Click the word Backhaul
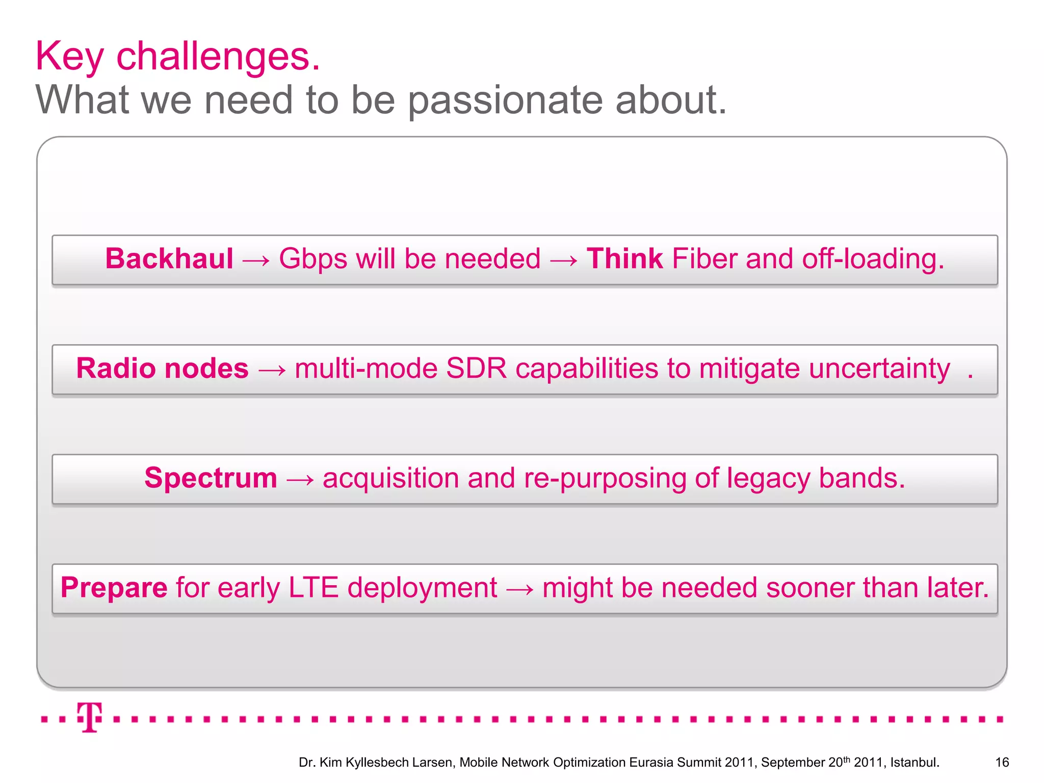click(169, 258)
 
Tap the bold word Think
click(624, 258)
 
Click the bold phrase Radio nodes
click(162, 368)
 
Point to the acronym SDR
click(477, 368)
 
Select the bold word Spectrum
click(211, 478)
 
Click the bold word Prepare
click(114, 588)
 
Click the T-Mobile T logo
click(90, 717)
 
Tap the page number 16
click(1002, 762)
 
